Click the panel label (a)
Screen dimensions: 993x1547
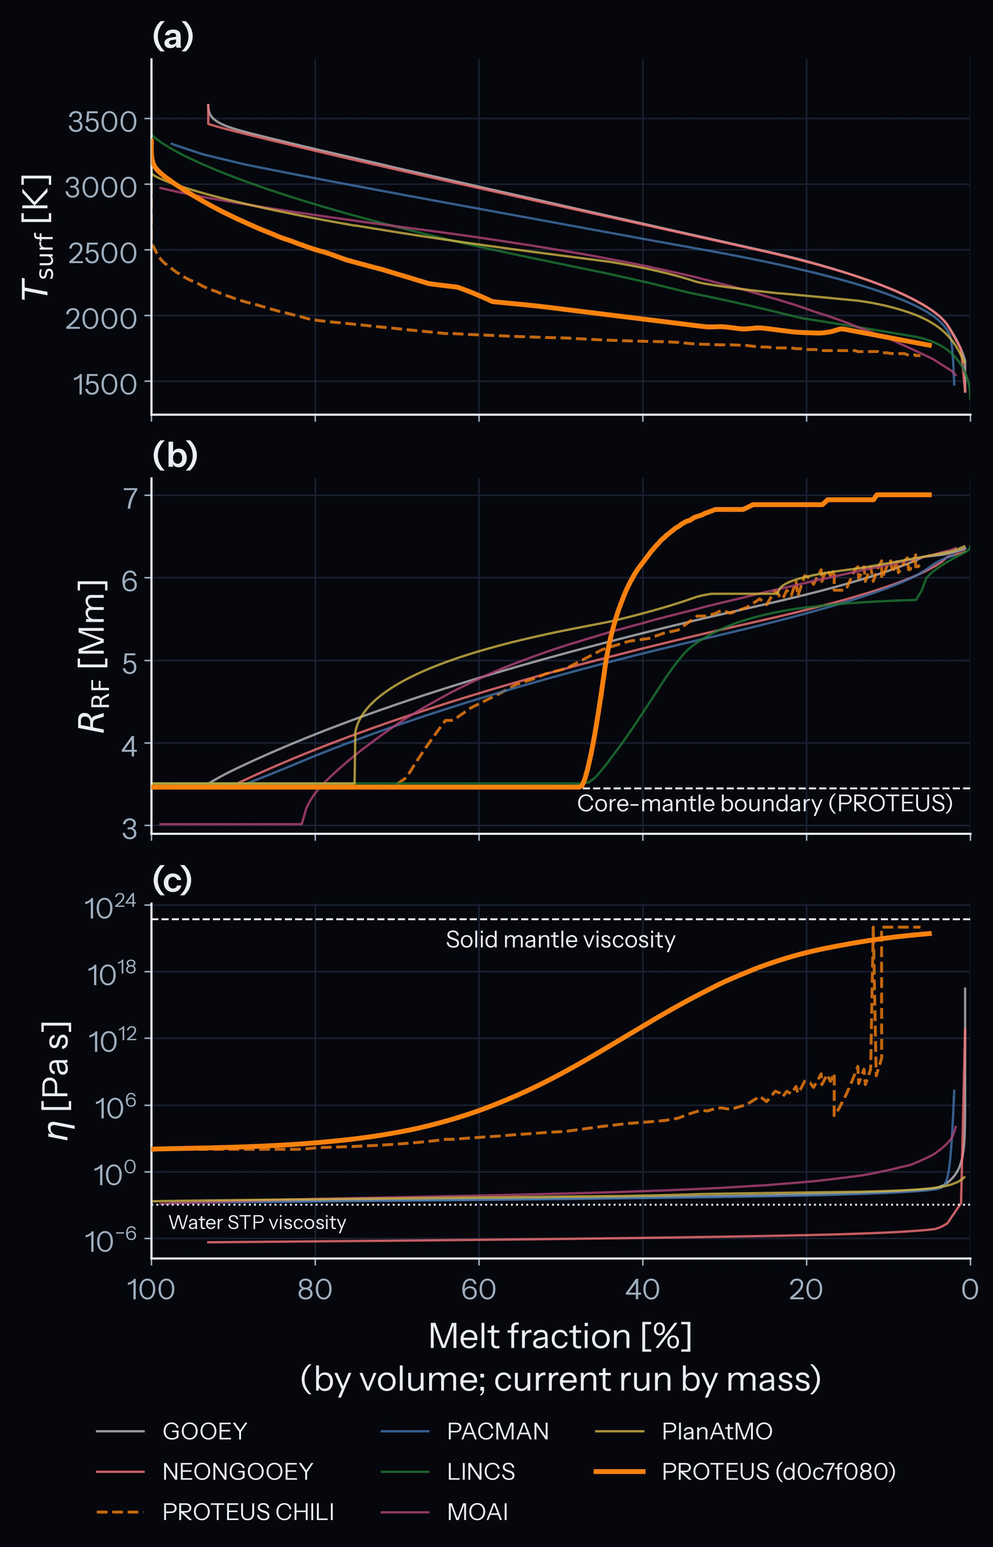tap(173, 37)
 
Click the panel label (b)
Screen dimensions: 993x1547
tap(175, 455)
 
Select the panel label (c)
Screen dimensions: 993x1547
tap(172, 880)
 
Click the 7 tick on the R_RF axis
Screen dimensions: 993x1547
tap(130, 497)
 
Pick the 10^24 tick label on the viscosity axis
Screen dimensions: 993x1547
tap(110, 908)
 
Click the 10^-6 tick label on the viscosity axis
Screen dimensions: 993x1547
tap(110, 1239)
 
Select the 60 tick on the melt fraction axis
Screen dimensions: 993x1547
tap(478, 1289)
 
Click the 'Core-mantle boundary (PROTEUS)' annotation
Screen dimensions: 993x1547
tap(765, 804)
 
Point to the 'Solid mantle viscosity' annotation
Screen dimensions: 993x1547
tap(560, 939)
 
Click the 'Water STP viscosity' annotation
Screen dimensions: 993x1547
tap(257, 1222)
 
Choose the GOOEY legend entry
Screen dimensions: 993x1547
tap(172, 1432)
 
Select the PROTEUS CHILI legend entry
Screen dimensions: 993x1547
tap(215, 1512)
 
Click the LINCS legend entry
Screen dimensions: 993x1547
tap(448, 1472)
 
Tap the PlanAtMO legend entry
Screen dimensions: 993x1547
tap(684, 1432)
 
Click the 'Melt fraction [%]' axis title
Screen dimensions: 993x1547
tap(560, 1336)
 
